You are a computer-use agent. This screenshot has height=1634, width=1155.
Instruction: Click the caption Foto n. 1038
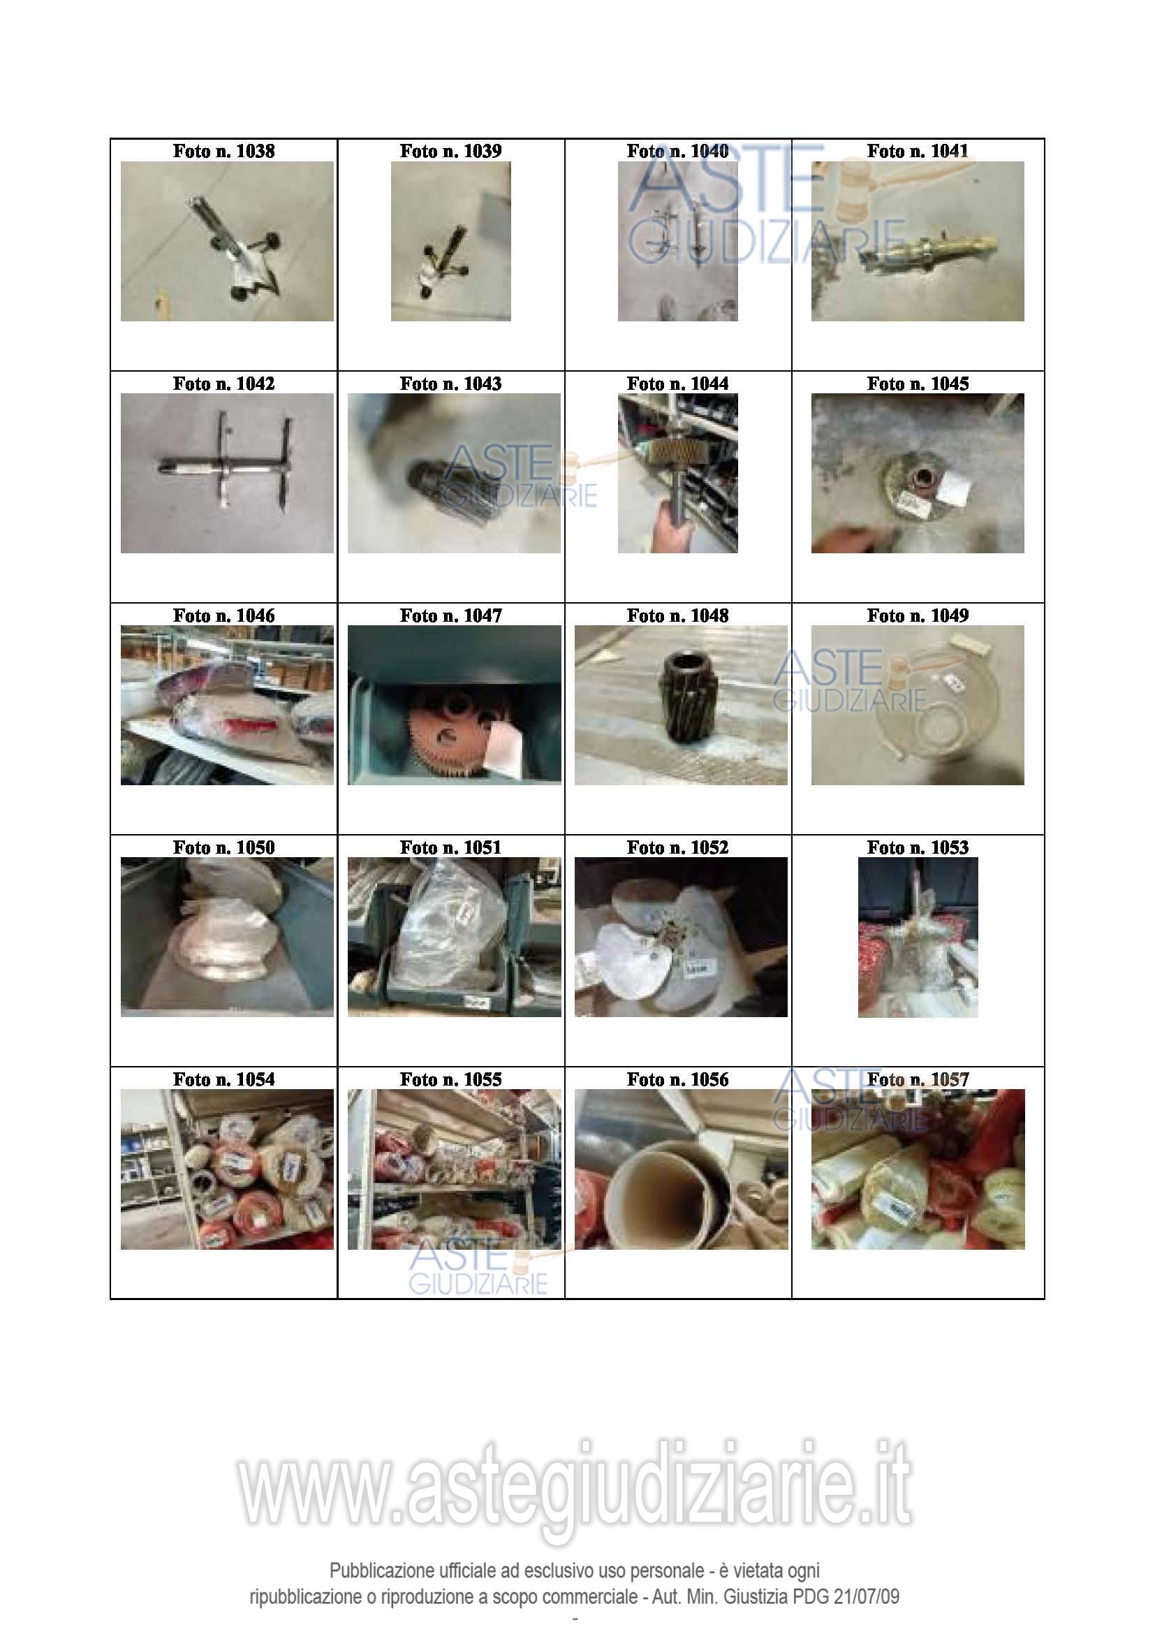223,151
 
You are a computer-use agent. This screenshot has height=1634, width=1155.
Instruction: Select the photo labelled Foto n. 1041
918,241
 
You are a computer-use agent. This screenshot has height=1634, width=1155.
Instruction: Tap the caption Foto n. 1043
451,384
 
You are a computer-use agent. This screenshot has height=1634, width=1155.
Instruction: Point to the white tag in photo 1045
955,489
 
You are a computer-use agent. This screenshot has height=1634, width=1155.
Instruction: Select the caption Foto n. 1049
918,615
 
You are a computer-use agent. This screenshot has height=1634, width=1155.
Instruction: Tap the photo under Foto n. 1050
227,937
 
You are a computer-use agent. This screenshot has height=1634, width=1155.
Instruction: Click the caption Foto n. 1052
678,847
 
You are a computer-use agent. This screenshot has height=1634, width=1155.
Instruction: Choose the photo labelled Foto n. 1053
918,938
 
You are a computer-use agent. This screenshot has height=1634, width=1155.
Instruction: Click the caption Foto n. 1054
223,1079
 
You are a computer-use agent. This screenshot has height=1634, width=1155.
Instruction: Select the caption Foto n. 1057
918,1079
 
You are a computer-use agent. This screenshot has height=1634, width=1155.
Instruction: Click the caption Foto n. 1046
223,615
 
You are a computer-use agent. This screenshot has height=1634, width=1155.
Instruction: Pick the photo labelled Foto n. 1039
451,241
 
